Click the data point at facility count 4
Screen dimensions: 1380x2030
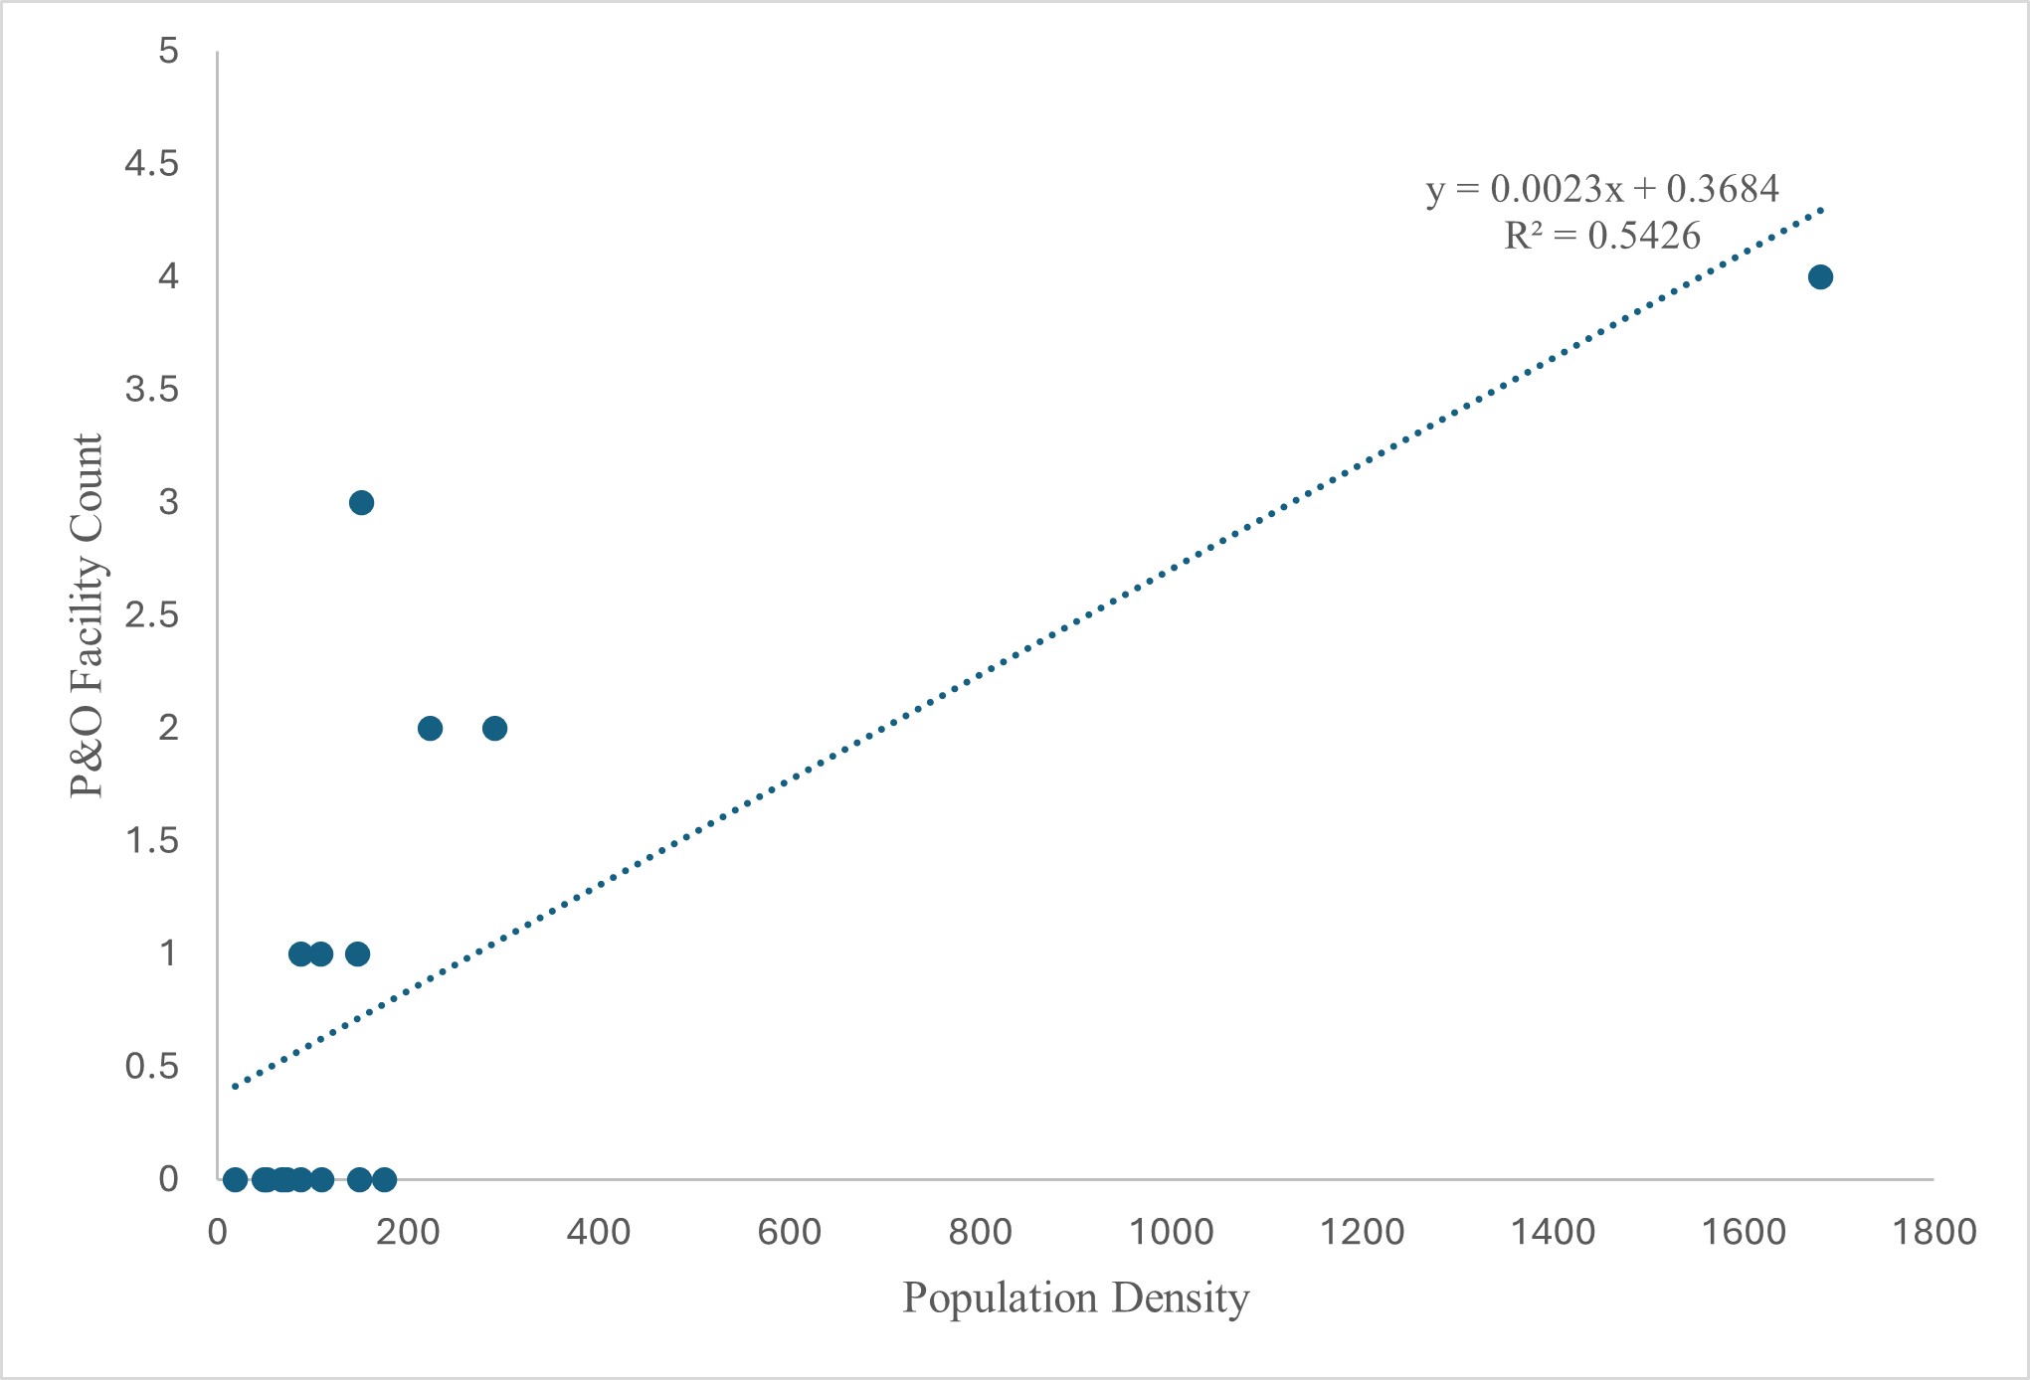1820,277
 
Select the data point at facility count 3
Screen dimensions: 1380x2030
361,503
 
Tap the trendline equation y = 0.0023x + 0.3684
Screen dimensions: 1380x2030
1601,188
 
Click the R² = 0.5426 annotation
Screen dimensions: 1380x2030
1601,236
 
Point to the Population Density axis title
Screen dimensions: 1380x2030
1075,1297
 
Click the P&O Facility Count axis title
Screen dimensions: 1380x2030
88,615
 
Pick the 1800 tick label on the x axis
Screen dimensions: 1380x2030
1934,1233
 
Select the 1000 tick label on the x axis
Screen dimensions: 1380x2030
1171,1233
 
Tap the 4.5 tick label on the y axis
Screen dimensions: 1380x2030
151,163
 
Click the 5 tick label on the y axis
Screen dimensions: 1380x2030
168,51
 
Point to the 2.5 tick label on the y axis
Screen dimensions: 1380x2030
151,615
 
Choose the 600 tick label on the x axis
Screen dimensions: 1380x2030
789,1233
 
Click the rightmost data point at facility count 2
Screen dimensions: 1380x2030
494,729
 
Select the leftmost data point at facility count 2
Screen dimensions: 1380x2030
430,729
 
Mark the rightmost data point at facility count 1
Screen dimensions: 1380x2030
357,954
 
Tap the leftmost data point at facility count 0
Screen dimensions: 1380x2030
235,1180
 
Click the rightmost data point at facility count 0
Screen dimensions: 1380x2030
384,1180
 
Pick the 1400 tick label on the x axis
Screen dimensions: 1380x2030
1553,1233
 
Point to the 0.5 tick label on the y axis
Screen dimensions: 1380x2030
151,1067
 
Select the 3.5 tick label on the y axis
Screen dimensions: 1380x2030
151,390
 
